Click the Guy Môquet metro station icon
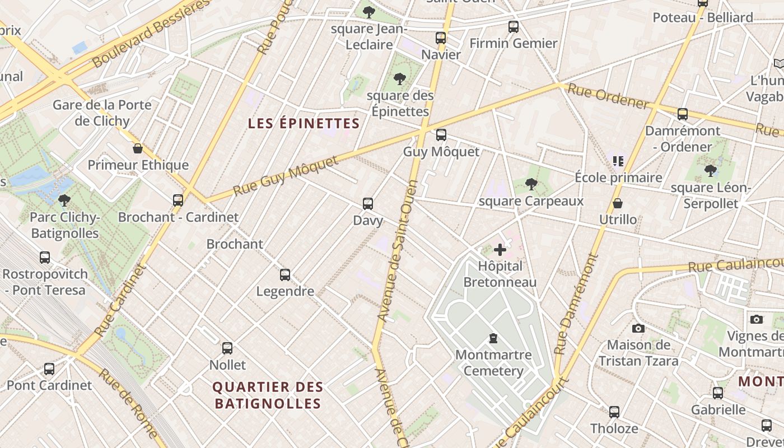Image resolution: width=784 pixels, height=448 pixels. [x=441, y=135]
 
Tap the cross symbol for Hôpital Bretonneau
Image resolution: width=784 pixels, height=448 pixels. [x=500, y=249]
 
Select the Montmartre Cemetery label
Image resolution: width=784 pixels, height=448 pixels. [x=493, y=362]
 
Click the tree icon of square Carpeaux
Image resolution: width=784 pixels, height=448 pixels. [x=531, y=184]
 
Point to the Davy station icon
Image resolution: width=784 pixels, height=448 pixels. [x=368, y=204]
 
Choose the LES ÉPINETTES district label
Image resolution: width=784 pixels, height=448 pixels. [x=304, y=123]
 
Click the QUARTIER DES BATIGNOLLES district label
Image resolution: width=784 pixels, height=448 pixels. [x=268, y=395]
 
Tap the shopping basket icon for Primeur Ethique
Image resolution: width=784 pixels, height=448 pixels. [x=138, y=148]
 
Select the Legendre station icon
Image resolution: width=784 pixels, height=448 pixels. [x=285, y=275]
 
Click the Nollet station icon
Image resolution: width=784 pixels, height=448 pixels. [x=227, y=348]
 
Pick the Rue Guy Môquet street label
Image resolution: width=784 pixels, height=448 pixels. [x=286, y=176]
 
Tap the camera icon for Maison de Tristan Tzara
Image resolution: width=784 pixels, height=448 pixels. [x=638, y=328]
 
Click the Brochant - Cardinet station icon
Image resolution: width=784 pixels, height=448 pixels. [x=178, y=200]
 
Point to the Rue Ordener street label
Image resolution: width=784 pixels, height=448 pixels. [x=608, y=96]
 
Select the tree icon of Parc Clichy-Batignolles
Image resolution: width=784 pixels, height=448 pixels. [x=64, y=200]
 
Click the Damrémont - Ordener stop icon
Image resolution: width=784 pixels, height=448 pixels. [x=683, y=114]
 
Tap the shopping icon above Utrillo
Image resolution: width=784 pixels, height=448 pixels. [x=618, y=203]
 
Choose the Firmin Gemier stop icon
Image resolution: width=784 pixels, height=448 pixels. [x=514, y=26]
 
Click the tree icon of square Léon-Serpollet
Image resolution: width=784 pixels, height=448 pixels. [x=711, y=170]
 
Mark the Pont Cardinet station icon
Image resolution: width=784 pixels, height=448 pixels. [x=49, y=369]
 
